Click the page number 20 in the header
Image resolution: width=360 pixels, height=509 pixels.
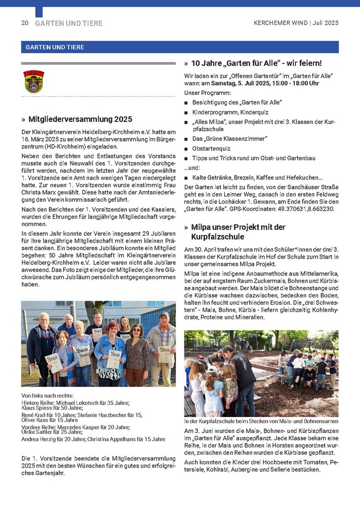point(24,23)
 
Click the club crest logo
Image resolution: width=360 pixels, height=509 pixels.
point(34,82)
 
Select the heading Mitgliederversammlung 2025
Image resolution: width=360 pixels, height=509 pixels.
point(80,119)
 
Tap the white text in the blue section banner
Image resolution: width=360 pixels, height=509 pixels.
point(53,47)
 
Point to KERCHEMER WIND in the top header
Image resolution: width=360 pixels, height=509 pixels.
point(280,23)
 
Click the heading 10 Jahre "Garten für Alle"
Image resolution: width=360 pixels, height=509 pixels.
point(257,63)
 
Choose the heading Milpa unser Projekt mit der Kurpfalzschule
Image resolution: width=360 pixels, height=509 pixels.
point(238,232)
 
